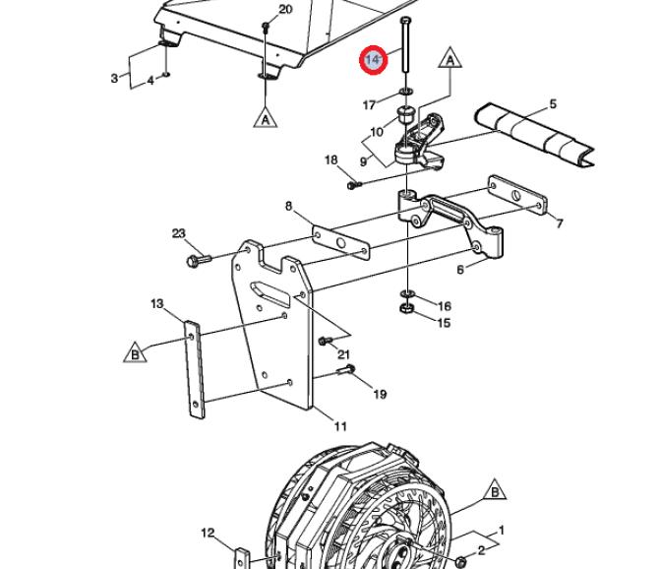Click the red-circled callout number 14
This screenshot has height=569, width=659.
tap(373, 60)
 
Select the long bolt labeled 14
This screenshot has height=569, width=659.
tap(405, 44)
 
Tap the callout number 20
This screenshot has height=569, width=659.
tap(285, 9)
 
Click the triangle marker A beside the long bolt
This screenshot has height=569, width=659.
tap(450, 58)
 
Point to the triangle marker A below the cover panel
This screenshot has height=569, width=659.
tap(266, 118)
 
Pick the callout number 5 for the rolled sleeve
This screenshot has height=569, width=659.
tap(553, 103)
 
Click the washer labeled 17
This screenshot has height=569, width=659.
tap(406, 91)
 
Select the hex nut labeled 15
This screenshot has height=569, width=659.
tap(406, 309)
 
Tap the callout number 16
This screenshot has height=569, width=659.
tap(445, 306)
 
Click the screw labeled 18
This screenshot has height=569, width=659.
tap(354, 184)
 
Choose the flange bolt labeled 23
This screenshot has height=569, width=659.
tap(199, 261)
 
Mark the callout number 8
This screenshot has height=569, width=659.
tap(288, 206)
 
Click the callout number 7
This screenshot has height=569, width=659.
tap(559, 223)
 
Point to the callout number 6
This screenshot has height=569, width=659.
tap(460, 270)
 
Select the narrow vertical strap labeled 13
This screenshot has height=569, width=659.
tap(195, 370)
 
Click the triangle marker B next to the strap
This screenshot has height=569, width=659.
tap(135, 352)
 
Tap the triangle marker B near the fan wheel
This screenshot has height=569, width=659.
tap(495, 490)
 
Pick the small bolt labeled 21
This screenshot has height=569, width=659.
tap(326, 341)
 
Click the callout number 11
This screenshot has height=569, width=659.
tap(340, 426)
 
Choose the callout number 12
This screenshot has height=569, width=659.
tap(209, 534)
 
